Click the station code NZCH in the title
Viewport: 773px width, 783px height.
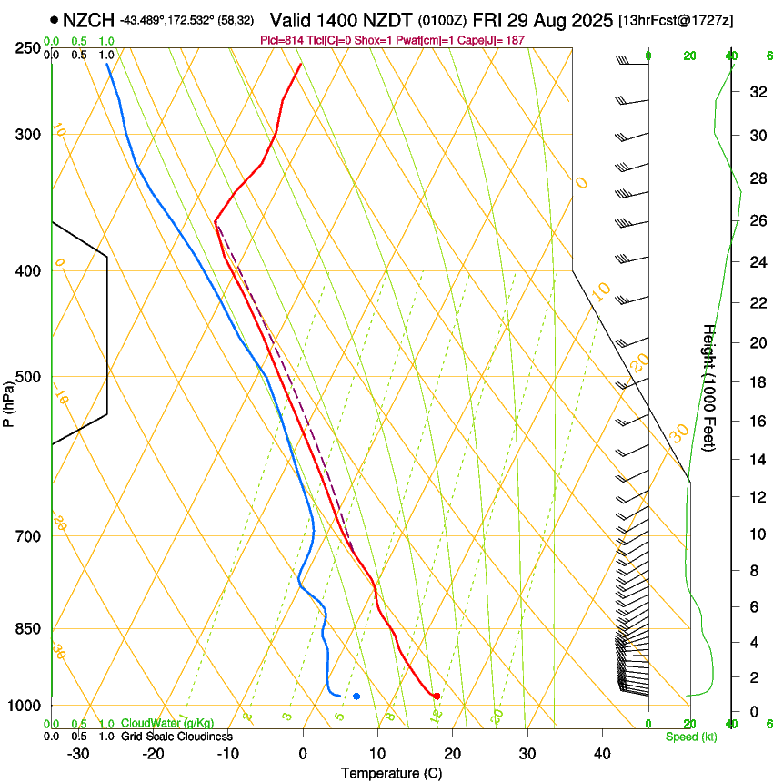[88, 18]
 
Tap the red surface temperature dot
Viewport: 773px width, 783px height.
[437, 696]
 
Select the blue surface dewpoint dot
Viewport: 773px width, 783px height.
[356, 697]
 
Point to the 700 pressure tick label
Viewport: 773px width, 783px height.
[28, 536]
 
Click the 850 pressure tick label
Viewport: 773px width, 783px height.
[28, 629]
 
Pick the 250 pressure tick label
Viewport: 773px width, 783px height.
[28, 48]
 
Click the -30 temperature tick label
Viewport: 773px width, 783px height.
[78, 753]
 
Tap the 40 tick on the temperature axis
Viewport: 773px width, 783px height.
[602, 753]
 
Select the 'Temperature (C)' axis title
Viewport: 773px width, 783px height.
[391, 773]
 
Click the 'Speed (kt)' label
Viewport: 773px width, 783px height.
[690, 737]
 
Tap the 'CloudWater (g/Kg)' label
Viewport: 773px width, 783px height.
[167, 724]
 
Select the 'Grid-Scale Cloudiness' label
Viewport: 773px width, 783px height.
[176, 737]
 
